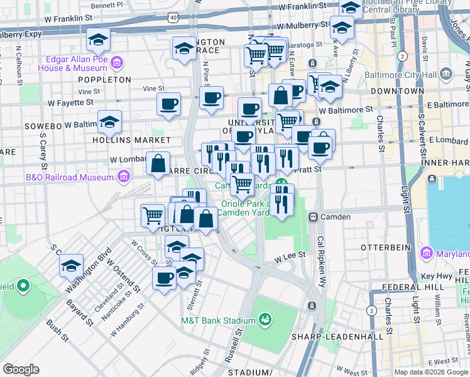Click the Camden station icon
(312, 217)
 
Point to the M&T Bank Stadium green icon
(265, 321)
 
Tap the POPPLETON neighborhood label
(104, 80)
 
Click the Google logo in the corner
(20, 369)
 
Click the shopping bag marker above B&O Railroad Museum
(158, 164)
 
